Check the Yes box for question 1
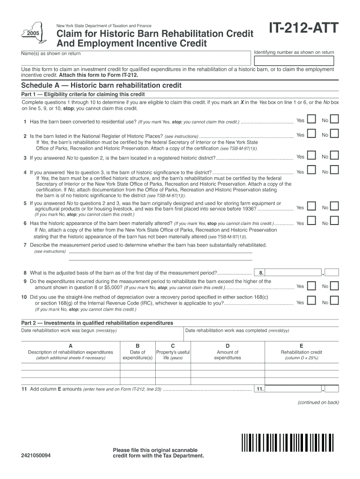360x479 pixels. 311,121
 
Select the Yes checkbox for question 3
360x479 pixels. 311,157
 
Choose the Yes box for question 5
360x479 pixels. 311,207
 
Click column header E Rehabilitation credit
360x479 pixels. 301,352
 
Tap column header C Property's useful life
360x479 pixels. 173,352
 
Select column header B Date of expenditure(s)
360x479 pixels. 137,352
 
